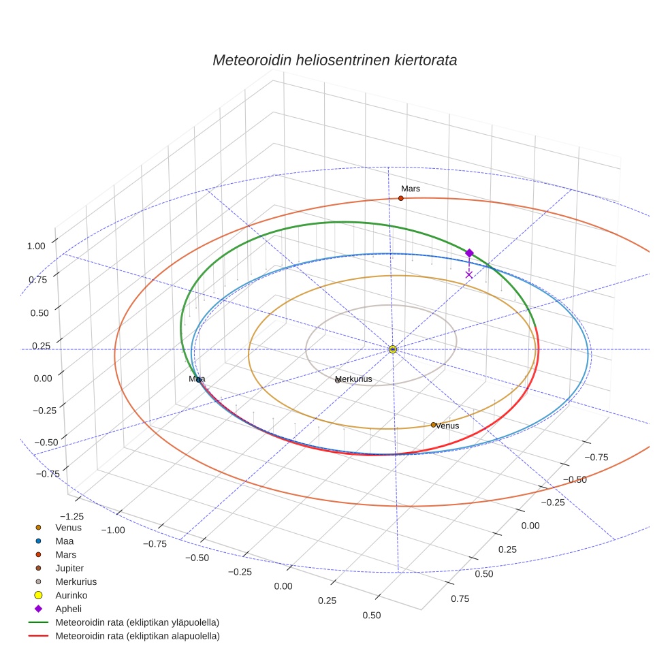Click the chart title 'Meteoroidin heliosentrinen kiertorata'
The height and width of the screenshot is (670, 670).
[334, 60]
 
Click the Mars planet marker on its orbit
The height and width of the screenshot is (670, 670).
[400, 198]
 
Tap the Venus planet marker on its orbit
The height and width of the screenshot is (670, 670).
[433, 425]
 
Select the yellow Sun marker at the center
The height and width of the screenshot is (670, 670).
[393, 349]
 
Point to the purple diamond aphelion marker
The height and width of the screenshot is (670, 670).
[469, 253]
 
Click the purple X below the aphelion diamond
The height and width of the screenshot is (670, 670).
[468, 274]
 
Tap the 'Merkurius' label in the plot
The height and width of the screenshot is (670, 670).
[355, 379]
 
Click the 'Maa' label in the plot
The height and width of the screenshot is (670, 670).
[197, 379]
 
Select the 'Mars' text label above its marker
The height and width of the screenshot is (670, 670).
[411, 189]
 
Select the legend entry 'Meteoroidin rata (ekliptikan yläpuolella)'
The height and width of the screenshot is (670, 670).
[137, 622]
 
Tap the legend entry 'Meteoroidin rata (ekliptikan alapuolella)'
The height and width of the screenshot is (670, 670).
[137, 636]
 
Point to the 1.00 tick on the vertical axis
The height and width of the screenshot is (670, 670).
[37, 246]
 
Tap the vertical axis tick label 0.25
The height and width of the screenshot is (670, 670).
[41, 346]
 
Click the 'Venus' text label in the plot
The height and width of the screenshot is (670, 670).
[447, 426]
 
